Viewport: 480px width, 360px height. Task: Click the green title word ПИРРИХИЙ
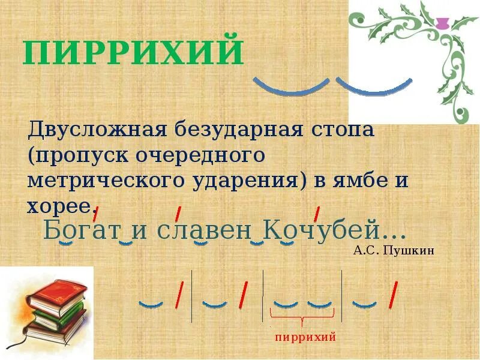pos(133,53)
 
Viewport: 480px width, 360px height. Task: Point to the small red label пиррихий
pos(305,337)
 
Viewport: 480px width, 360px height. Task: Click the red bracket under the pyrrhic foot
pos(302,317)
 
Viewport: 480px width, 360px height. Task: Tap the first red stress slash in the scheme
pos(178,295)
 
